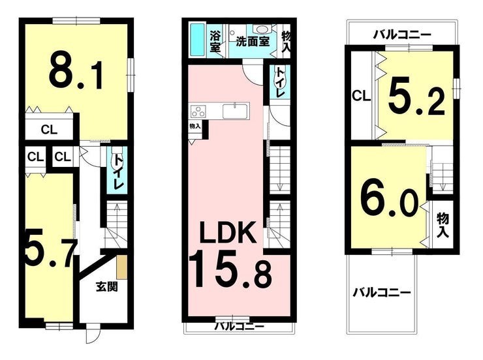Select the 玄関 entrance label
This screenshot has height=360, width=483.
(106, 287)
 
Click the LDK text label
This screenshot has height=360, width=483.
(227, 232)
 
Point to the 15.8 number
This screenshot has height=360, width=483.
(230, 269)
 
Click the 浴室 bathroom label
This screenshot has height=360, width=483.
(215, 41)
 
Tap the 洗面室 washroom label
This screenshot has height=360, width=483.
(253, 42)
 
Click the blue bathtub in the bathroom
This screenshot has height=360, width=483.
(198, 40)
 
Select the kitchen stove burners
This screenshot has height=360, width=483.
(198, 111)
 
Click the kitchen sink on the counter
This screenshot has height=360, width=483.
(235, 111)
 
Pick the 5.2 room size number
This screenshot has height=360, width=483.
(416, 99)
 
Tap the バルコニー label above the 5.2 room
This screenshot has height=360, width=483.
(402, 35)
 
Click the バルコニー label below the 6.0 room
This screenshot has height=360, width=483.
(382, 292)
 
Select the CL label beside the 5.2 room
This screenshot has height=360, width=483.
(361, 97)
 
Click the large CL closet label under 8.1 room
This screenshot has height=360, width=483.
(50, 130)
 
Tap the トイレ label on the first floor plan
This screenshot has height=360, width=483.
(117, 172)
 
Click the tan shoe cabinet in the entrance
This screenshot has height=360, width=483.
(121, 267)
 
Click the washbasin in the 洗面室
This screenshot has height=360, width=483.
(262, 29)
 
